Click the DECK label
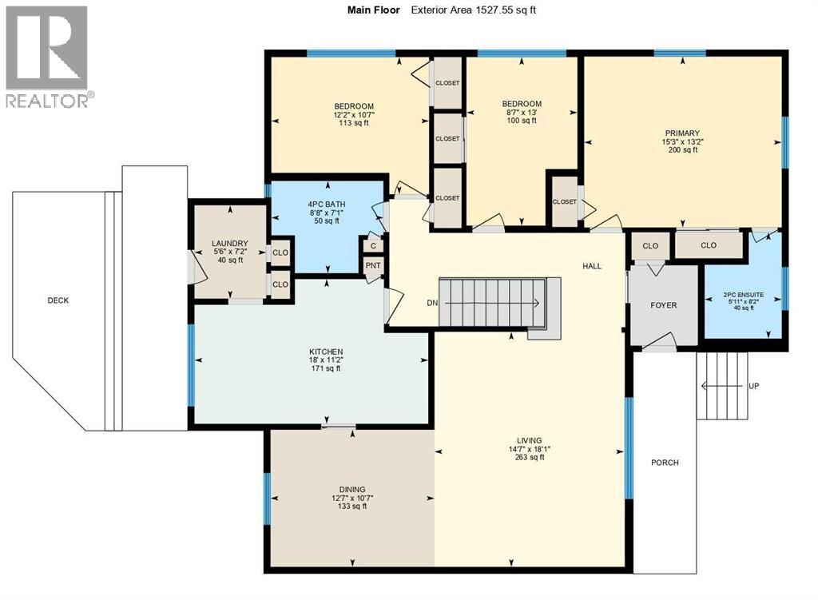(x=58, y=300)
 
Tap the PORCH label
(x=664, y=463)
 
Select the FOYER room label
(x=663, y=305)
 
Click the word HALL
(x=591, y=267)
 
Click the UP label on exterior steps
(x=753, y=386)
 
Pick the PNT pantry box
(x=373, y=266)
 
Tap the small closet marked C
(x=373, y=245)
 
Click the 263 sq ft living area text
(x=529, y=458)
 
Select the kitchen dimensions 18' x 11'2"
(x=326, y=360)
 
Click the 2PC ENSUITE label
(x=744, y=295)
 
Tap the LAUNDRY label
(x=229, y=244)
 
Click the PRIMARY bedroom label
(x=682, y=133)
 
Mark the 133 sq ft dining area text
(x=351, y=506)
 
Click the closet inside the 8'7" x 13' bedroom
(x=564, y=202)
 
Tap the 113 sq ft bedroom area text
(x=353, y=124)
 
